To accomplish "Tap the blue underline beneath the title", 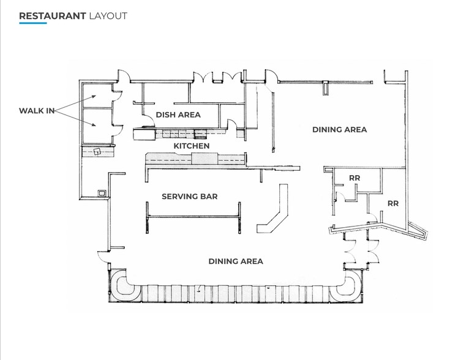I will click(x=32, y=23).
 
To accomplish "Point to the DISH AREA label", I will click(x=178, y=114).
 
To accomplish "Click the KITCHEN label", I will click(x=192, y=146).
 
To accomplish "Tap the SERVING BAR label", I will click(x=190, y=197).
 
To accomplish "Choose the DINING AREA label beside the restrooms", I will click(x=339, y=129).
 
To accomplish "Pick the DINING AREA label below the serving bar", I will click(x=236, y=261).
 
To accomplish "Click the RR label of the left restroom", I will click(x=354, y=178).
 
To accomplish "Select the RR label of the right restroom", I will click(x=392, y=203).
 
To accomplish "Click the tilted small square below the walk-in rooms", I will click(x=97, y=151).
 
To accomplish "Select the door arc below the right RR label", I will click(x=372, y=218).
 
